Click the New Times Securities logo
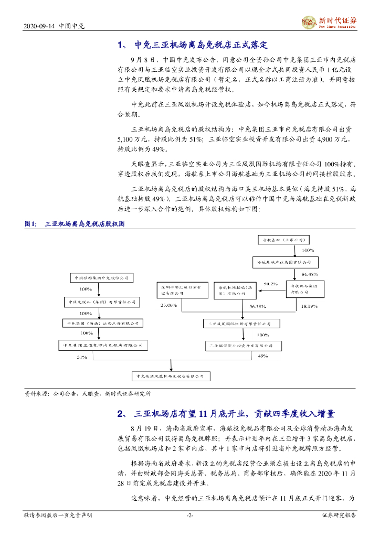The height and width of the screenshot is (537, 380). [329, 23]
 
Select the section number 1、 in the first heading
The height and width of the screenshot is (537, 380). [122, 45]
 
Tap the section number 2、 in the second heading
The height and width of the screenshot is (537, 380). [122, 414]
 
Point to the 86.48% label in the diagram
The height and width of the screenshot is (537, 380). [310, 274]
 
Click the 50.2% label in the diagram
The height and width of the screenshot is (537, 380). [270, 284]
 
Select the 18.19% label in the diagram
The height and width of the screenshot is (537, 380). [310, 305]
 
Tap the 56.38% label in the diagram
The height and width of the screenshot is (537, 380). [257, 306]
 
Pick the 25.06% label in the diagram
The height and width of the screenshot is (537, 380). [169, 305]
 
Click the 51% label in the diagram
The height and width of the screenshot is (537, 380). [81, 357]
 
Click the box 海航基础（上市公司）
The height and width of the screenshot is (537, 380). [284, 240]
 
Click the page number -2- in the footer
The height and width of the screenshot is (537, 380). [190, 515]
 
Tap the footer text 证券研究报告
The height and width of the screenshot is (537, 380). [339, 515]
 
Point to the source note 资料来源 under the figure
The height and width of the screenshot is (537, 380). [38, 393]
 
